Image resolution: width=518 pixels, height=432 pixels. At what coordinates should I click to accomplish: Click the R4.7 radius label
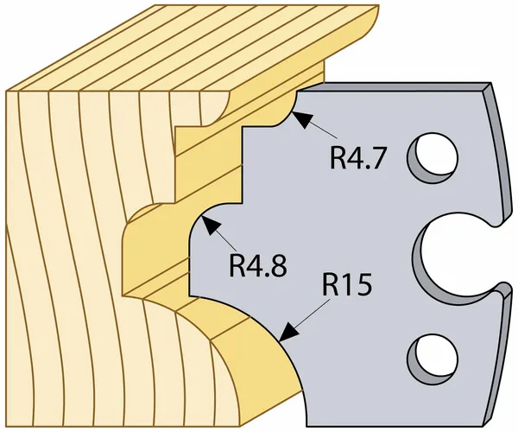[357, 157]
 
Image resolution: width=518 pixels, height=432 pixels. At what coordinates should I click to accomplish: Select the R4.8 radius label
[258, 264]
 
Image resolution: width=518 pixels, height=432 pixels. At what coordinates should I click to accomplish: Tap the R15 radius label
[346, 284]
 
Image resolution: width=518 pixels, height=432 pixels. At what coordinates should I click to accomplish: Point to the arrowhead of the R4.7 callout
[300, 119]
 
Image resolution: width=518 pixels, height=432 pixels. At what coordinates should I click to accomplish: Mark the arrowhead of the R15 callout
[289, 332]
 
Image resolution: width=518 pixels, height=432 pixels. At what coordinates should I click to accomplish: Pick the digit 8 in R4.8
[277, 264]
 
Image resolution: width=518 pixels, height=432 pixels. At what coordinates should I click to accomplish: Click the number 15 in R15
[356, 284]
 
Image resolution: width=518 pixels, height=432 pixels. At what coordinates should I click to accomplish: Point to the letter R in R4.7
[338, 157]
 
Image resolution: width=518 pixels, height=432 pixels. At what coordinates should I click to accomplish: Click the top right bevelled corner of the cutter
[489, 86]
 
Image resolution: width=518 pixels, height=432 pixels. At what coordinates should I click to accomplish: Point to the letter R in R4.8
[237, 264]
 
